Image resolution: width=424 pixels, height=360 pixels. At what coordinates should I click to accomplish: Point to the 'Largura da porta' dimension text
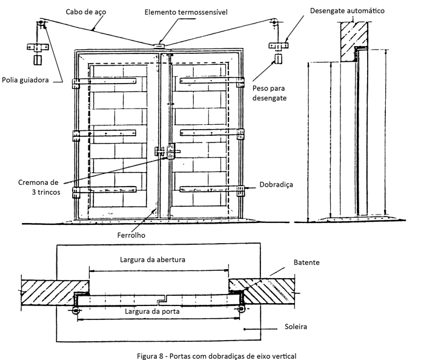click(x=153, y=312)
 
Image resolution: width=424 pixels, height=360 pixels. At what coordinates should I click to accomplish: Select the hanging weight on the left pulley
click(x=38, y=60)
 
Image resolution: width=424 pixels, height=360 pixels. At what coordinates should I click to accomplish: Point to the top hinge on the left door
click(x=77, y=84)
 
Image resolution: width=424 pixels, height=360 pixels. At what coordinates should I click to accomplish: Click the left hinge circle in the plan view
click(x=76, y=310)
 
